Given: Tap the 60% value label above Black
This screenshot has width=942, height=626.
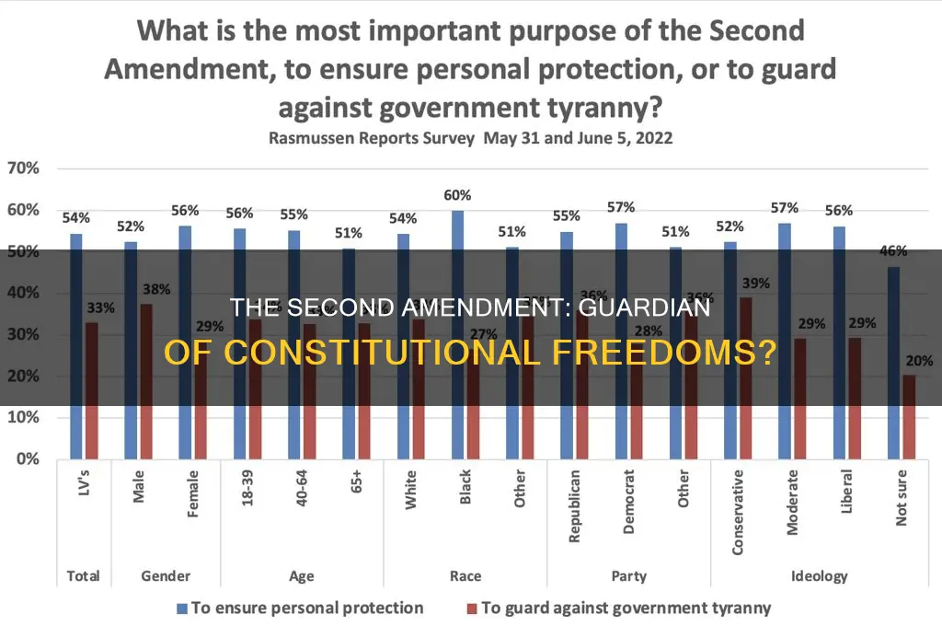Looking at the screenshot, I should pos(457,195).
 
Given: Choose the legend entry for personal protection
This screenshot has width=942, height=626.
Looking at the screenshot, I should pos(300,608).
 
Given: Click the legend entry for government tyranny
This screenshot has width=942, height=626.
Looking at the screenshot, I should pos(618,608).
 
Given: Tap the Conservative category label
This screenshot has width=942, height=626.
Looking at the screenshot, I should pos(738,515).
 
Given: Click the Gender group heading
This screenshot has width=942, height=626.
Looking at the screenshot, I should pos(166,576).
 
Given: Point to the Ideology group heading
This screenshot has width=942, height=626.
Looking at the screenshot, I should pos(820,576).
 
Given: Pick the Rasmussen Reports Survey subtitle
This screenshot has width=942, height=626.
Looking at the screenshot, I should pos(471,139).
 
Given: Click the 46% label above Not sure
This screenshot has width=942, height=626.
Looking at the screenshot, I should pos(892,250).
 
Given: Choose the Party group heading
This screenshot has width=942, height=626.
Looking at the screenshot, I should pos(628,576).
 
